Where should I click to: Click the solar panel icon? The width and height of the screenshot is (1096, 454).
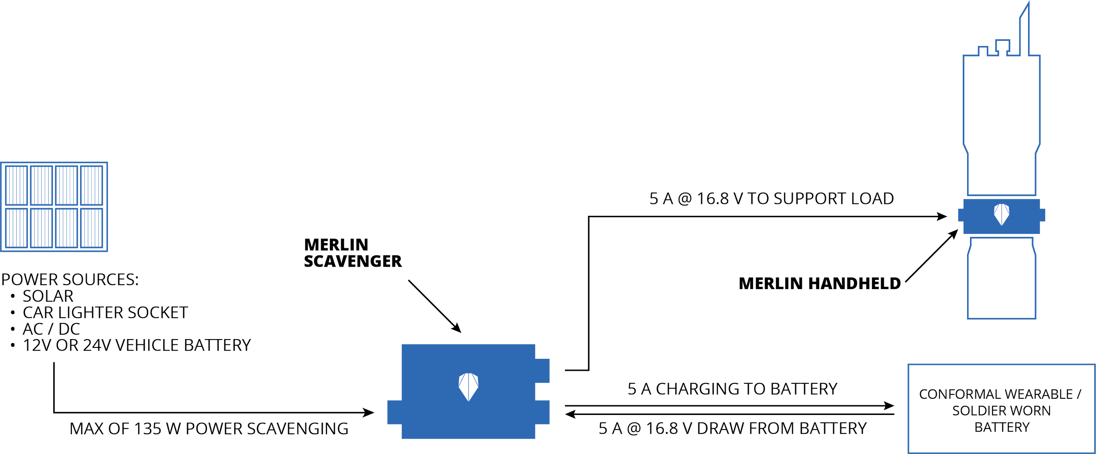coord(54,207)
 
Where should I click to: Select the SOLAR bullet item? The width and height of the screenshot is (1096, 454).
coord(48,296)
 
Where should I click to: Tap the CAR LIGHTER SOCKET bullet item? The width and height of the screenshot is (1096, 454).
coord(105,312)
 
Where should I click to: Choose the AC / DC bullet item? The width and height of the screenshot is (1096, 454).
coord(51,329)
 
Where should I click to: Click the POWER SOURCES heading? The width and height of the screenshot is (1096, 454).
coord(70,279)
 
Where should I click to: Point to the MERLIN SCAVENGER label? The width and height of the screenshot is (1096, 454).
coord(352,253)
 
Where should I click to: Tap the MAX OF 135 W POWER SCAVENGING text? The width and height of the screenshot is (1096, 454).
coord(210,429)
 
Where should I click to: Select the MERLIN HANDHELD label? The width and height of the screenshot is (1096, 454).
coord(820,284)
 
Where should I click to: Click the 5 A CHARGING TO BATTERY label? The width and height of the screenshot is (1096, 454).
coord(733,389)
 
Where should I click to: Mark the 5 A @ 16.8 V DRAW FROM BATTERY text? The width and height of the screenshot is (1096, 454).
coord(733,428)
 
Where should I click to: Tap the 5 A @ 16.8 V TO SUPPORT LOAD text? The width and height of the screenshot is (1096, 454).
coord(772,198)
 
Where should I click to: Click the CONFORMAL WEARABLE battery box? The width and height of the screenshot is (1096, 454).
coord(1001,408)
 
